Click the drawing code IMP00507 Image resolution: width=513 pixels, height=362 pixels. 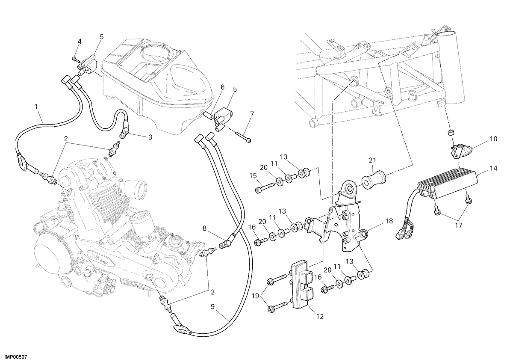click(x=14, y=357)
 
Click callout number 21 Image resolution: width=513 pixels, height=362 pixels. click(x=372, y=160)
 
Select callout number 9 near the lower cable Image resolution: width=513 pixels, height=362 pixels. click(x=212, y=306)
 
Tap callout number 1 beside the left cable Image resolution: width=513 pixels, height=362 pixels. click(x=36, y=107)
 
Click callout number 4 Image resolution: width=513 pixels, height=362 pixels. click(x=80, y=42)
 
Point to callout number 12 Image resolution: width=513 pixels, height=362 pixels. click(x=320, y=317)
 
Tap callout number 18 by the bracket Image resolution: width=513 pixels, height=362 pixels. click(x=389, y=221)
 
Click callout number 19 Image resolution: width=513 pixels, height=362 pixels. click(x=255, y=296)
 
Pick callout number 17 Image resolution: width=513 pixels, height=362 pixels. click(x=458, y=226)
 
